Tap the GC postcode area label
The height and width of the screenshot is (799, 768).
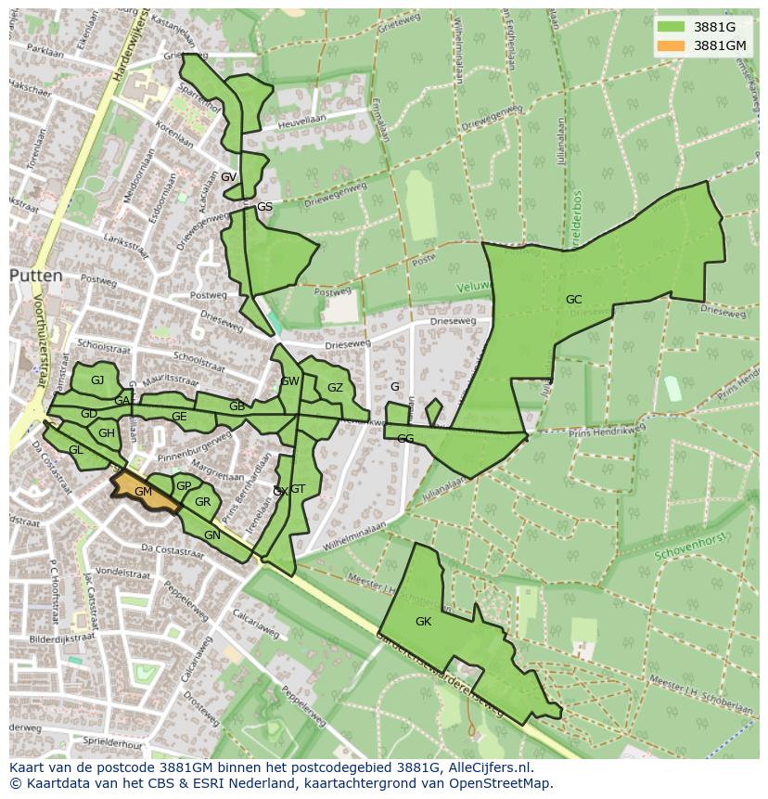click(573, 299)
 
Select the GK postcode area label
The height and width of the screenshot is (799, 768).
click(423, 621)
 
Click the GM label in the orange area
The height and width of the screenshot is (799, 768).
click(142, 491)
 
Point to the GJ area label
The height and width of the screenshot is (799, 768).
click(97, 380)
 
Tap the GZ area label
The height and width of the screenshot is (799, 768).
click(335, 388)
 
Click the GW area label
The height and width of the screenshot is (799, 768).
click(289, 381)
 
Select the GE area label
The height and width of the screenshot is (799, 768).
click(179, 417)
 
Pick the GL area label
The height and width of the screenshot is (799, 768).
click(76, 449)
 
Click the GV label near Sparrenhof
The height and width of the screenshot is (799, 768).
click(228, 176)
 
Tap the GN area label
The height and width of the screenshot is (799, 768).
click(211, 535)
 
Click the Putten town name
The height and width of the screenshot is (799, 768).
click(36, 276)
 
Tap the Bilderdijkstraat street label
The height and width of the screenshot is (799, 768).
click(62, 638)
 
